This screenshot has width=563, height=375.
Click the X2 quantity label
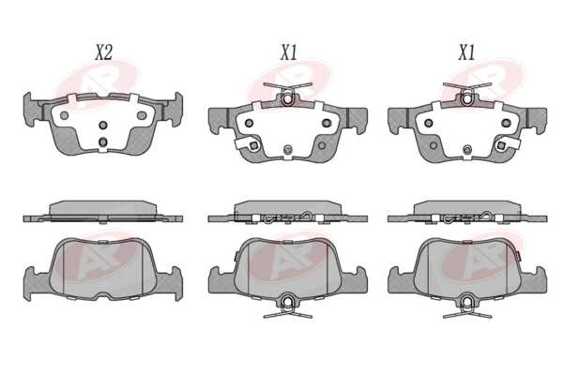click(x=104, y=52)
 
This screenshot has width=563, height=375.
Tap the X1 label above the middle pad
click(x=288, y=52)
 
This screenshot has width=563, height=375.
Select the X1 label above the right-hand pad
click(x=466, y=52)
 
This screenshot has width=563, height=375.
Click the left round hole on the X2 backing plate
click(x=64, y=115)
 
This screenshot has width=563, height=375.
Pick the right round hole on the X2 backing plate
click(x=142, y=115)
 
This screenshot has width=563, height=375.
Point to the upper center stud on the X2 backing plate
click(x=103, y=125)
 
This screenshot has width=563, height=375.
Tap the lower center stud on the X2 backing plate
click(x=103, y=142)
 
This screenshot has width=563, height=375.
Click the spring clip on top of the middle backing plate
click(x=288, y=94)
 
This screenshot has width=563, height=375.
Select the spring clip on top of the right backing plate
click(x=466, y=94)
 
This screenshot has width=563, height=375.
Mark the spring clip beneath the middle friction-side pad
click(x=288, y=306)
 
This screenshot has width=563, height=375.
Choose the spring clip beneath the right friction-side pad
click(x=467, y=306)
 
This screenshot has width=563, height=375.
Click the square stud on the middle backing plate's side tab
click(x=253, y=145)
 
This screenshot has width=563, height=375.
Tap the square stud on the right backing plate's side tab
click(x=500, y=145)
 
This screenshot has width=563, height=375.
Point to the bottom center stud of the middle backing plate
click(x=288, y=150)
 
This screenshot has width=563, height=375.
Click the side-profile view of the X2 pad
click(x=103, y=212)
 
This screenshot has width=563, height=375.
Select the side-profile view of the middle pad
click(x=288, y=212)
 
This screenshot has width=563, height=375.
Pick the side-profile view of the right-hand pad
click(x=467, y=212)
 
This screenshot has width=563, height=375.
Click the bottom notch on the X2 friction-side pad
click(x=103, y=295)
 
